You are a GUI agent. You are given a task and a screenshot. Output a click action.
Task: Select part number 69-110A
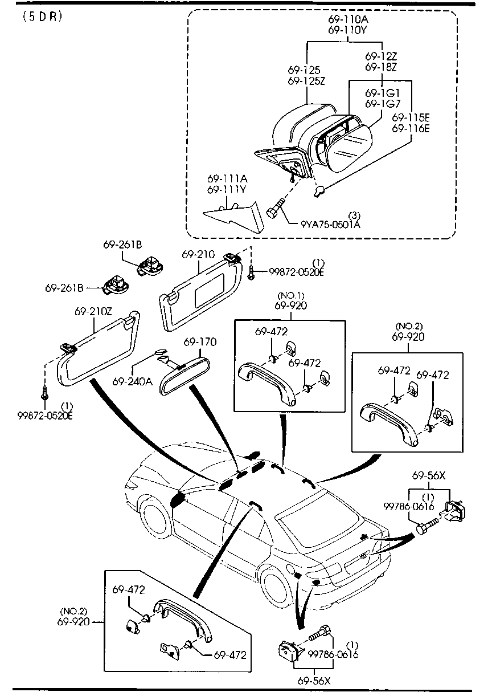click(x=348, y=19)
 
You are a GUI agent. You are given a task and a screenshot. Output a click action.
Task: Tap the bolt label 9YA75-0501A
click(x=330, y=224)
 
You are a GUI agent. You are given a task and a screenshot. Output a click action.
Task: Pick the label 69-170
click(x=200, y=342)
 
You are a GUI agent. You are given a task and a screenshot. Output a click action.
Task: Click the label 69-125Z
click(x=306, y=81)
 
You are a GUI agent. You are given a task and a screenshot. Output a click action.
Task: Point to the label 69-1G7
click(x=383, y=104)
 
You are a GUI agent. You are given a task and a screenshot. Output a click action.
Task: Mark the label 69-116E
click(x=411, y=128)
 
